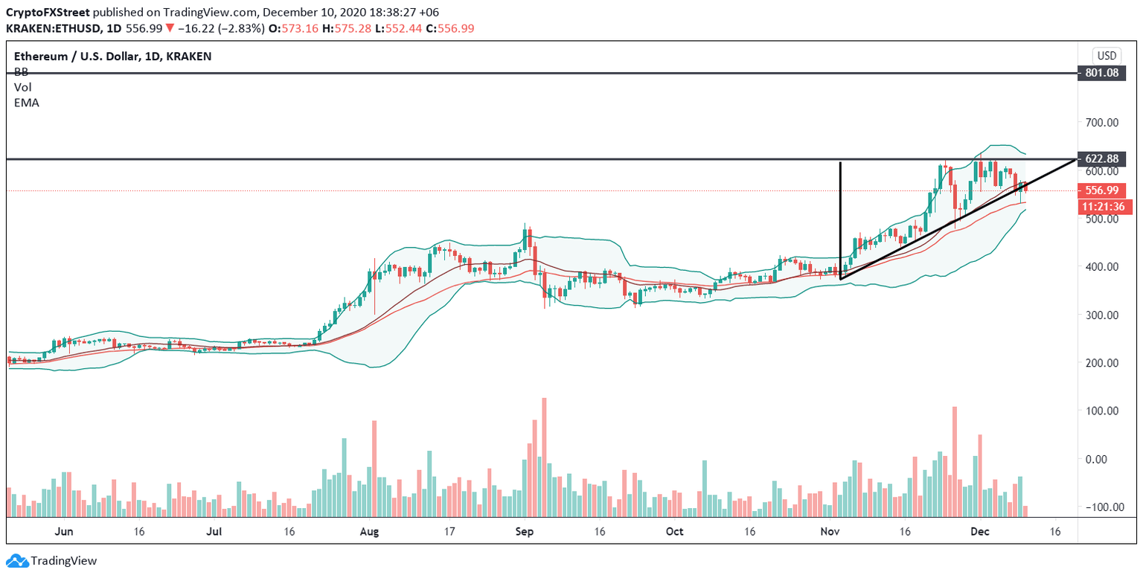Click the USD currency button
click(1107, 55)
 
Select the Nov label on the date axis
click(829, 532)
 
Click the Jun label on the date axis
click(64, 532)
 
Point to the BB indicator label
click(21, 72)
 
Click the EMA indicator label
click(26, 103)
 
